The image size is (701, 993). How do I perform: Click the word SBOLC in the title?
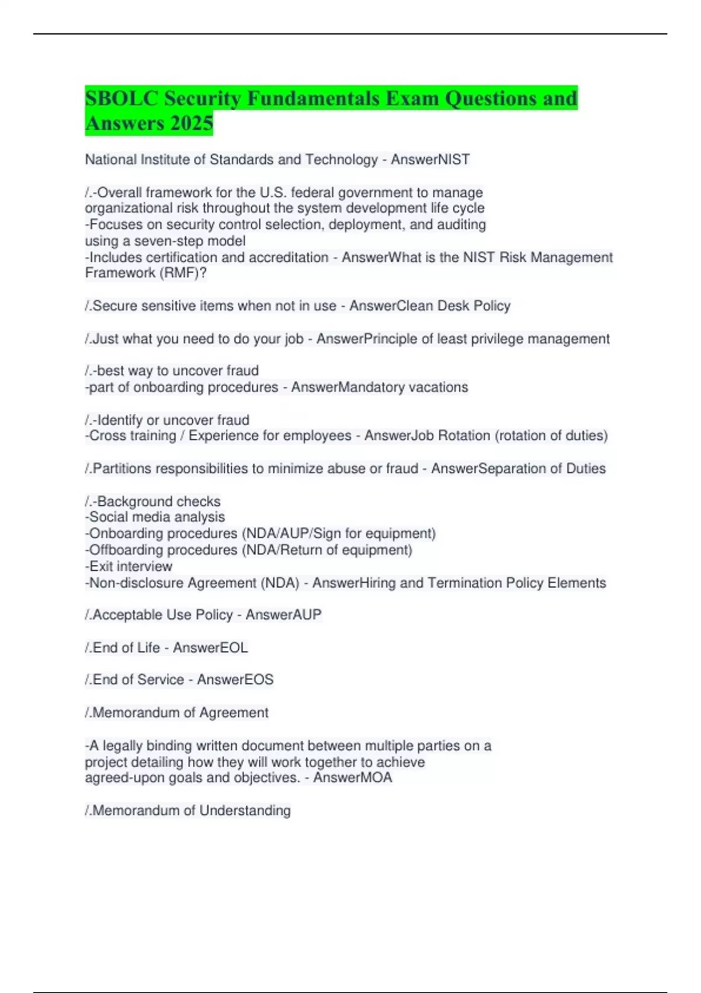(x=122, y=98)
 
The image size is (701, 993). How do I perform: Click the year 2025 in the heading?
(x=192, y=123)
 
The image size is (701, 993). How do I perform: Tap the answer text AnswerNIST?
(x=431, y=159)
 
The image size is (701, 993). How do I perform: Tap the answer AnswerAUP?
(x=283, y=614)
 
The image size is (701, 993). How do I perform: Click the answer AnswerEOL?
(x=210, y=648)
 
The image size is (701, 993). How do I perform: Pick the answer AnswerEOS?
(x=235, y=679)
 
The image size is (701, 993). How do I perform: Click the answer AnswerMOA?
(x=353, y=777)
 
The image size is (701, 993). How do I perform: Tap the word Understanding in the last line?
(x=245, y=810)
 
